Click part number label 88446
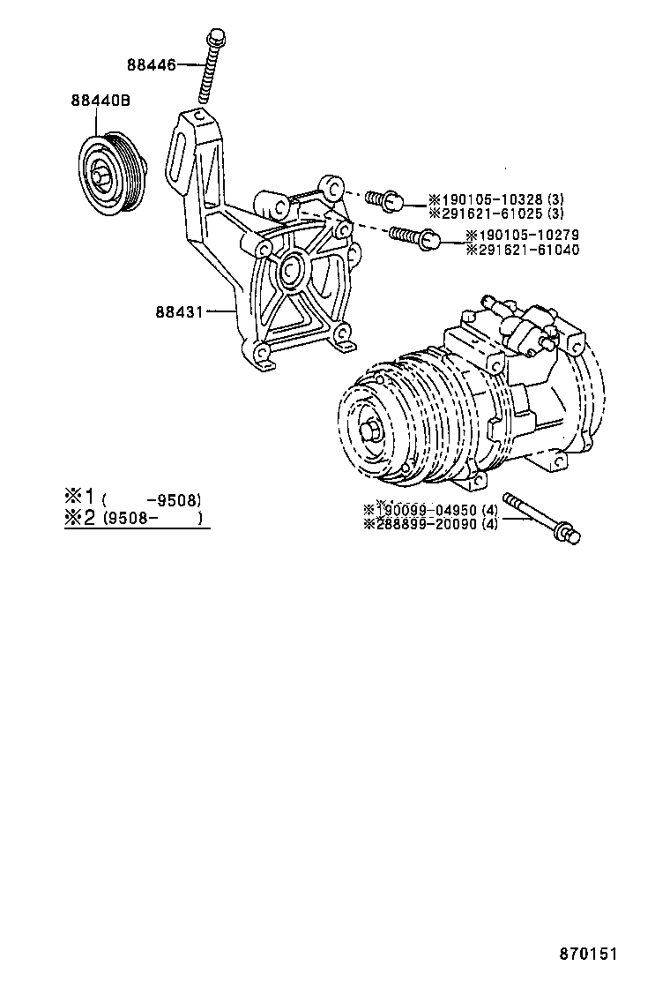(151, 64)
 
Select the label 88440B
(100, 101)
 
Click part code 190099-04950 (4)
(430, 510)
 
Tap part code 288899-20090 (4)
(430, 524)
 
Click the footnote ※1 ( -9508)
(132, 497)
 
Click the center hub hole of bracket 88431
(291, 268)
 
